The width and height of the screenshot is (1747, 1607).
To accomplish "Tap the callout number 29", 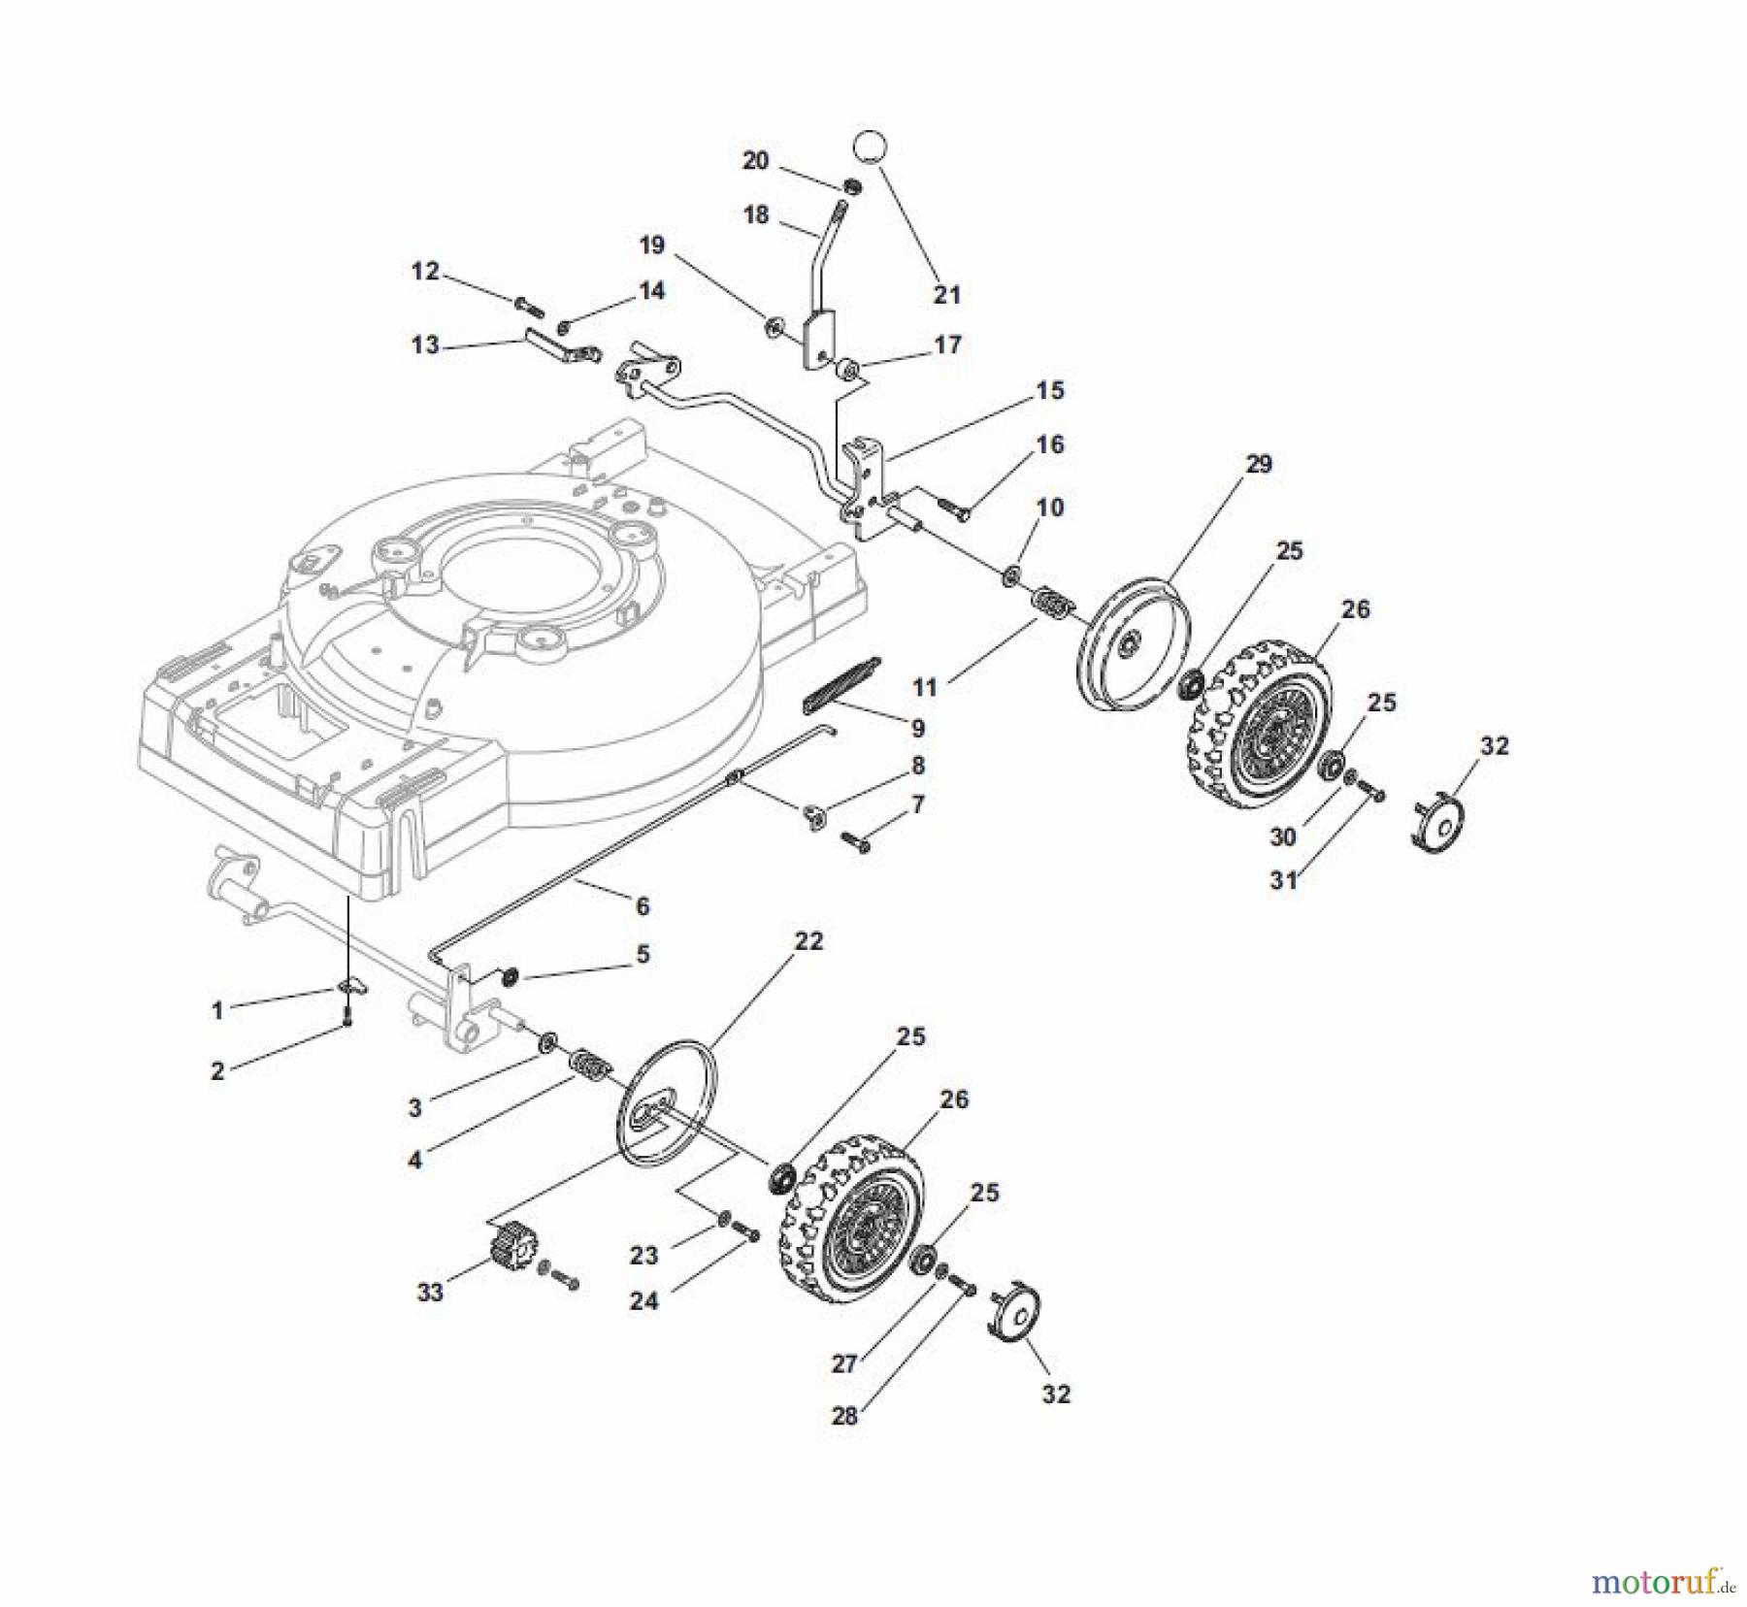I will pos(1258,464).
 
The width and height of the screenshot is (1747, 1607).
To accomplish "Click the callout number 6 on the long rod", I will pos(642,905).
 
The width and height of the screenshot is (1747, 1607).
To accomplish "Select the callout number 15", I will pos(1049,390).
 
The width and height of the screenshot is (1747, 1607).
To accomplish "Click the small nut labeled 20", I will pos(852,186).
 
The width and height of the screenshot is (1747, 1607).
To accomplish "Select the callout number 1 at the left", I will pos(217,1010).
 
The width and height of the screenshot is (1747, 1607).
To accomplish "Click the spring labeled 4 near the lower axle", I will pos(589,1065).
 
